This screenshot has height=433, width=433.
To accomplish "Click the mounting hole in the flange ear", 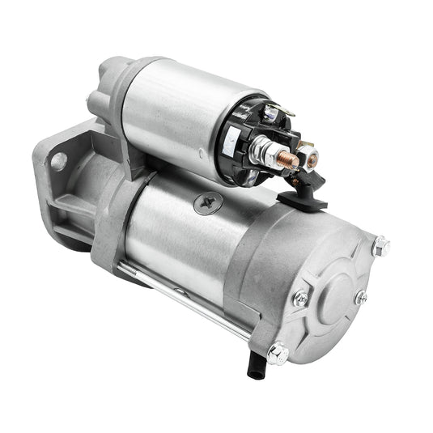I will [x=58, y=161].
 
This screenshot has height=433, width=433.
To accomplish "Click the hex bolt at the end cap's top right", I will [x=380, y=245].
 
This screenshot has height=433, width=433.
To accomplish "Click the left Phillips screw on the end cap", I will [x=301, y=299].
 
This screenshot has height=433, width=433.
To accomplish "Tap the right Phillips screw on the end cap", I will [x=361, y=297].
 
